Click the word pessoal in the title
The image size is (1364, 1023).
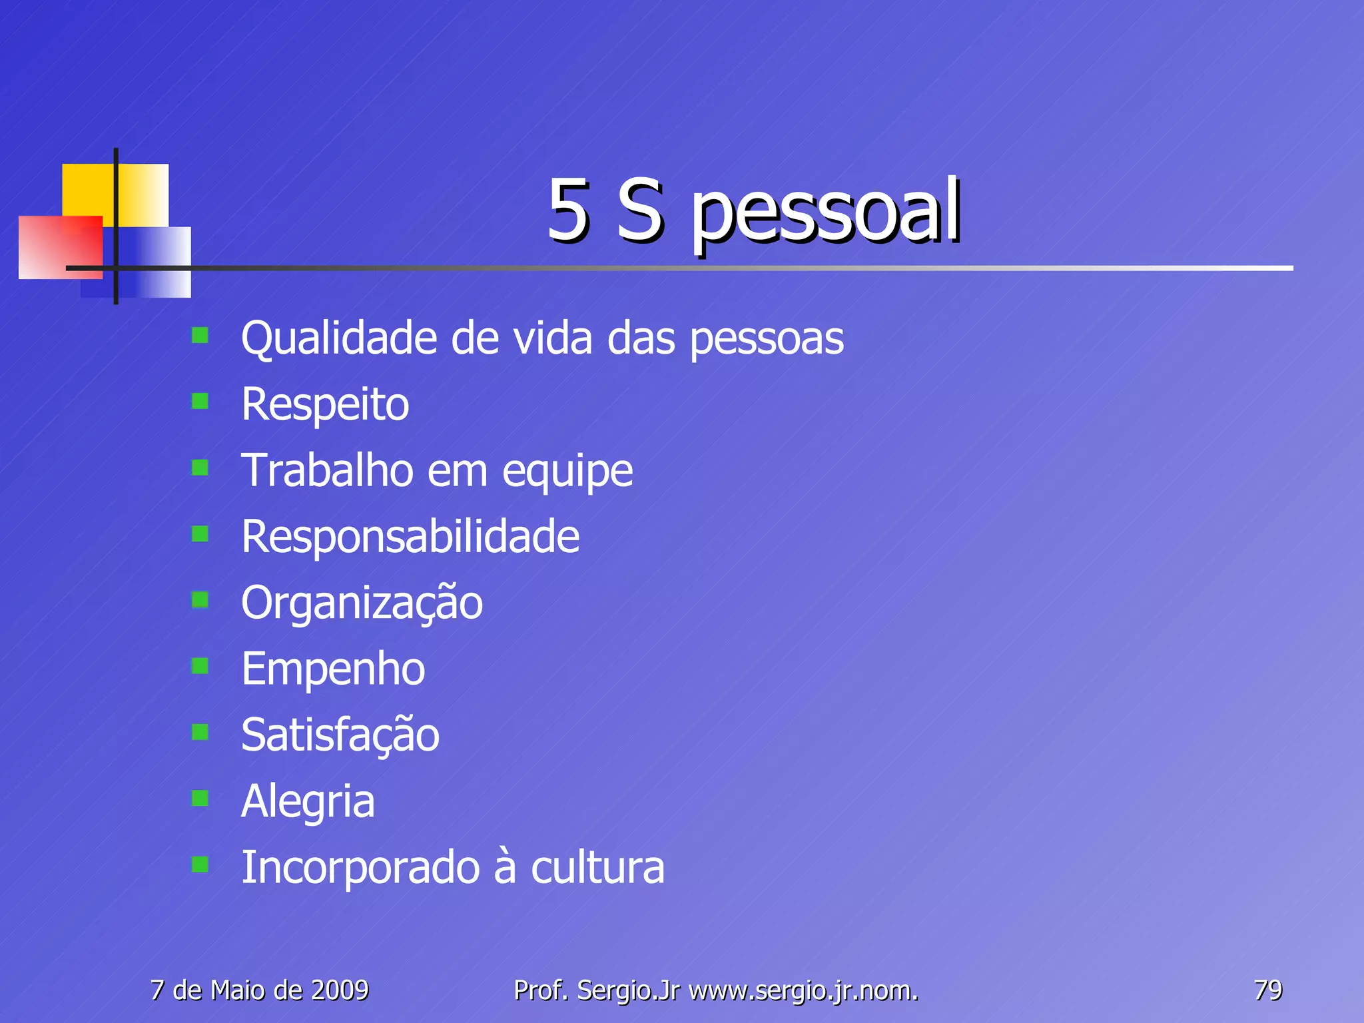click(x=826, y=212)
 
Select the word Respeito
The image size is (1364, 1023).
click(x=325, y=405)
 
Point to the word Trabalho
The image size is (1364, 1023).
click(x=327, y=470)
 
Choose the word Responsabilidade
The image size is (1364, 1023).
click(x=410, y=536)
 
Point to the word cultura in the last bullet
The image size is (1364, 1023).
click(x=597, y=868)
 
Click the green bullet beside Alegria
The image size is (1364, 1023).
click(x=200, y=798)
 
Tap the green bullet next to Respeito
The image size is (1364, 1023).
click(x=200, y=401)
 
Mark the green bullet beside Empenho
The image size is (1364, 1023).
click(x=200, y=665)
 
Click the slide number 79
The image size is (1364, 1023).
click(x=1267, y=990)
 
